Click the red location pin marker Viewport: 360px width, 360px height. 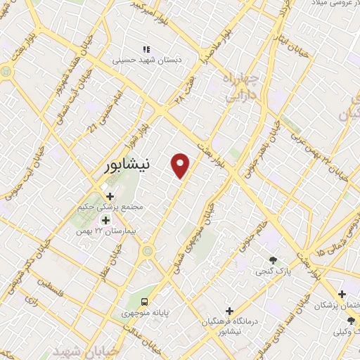[x=181, y=165]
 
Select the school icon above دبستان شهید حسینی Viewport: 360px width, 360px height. [x=146, y=49]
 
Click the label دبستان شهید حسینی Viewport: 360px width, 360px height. [x=146, y=60]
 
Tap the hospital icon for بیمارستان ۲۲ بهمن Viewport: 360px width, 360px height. [x=105, y=220]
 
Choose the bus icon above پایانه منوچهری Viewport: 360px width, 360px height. [x=144, y=301]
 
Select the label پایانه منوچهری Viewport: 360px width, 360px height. [x=145, y=312]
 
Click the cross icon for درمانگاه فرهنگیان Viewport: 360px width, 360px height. [x=229, y=310]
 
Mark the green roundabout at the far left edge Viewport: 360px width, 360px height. [x=6, y=71]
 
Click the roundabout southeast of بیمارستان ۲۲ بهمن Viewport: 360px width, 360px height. [x=148, y=250]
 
